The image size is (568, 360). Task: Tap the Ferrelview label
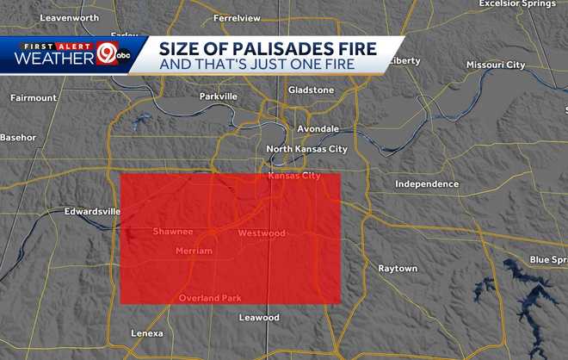[237, 16]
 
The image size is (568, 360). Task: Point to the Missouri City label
[495, 65]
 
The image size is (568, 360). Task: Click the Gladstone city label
[311, 90]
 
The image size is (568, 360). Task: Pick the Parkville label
[218, 96]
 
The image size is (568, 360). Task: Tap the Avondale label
[318, 128]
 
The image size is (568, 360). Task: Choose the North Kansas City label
[306, 149]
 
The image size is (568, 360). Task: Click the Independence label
[427, 183]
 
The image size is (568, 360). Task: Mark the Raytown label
[398, 269]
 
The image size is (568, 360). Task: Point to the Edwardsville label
[92, 211]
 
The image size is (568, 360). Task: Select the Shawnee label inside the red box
[173, 232]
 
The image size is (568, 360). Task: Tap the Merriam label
[193, 251]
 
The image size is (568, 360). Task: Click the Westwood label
[261, 233]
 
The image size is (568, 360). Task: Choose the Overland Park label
[210, 298]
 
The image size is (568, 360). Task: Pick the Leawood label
[259, 318]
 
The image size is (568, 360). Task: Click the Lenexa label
[147, 333]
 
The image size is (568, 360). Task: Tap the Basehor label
[18, 137]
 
